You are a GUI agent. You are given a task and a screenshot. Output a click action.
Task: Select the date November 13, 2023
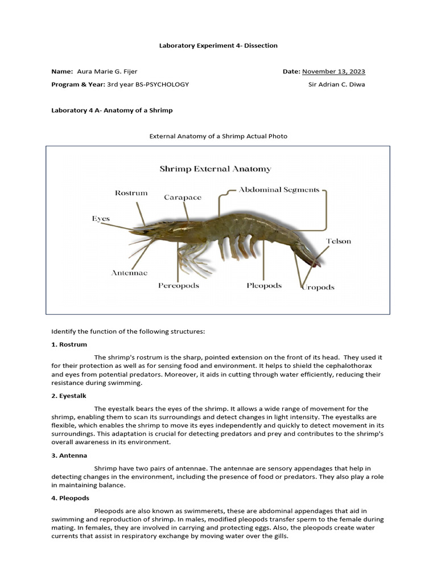pyautogui.click(x=333, y=71)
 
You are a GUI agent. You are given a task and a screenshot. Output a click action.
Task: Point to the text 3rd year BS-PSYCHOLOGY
pyautogui.click(x=148, y=84)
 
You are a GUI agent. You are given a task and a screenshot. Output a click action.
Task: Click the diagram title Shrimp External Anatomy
pyautogui.click(x=215, y=169)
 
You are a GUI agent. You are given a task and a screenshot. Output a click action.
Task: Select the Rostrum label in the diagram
pyautogui.click(x=131, y=193)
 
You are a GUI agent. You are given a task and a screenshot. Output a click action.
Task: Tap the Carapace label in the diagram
pyautogui.click(x=183, y=198)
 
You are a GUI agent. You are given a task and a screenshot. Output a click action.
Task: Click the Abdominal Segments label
pyautogui.click(x=279, y=190)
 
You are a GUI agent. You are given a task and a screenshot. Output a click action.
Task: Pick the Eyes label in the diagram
pyautogui.click(x=101, y=219)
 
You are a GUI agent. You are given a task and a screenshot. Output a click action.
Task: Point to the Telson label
pyautogui.click(x=338, y=241)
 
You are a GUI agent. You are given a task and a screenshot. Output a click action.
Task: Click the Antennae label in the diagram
pyautogui.click(x=129, y=273)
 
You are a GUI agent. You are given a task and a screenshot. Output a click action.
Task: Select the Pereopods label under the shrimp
pyautogui.click(x=179, y=285)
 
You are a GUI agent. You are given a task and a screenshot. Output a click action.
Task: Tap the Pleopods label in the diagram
pyautogui.click(x=264, y=285)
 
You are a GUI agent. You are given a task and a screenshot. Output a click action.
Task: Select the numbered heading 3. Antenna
pyautogui.click(x=69, y=455)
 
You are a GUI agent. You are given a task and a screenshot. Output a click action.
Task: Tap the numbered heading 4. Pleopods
pyautogui.click(x=71, y=498)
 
